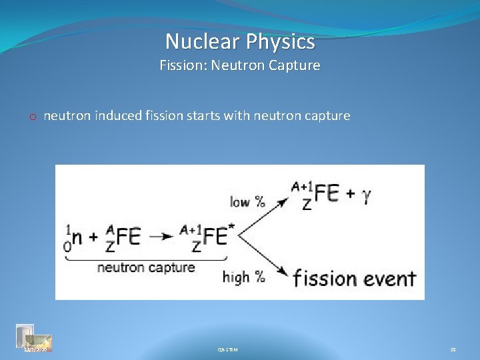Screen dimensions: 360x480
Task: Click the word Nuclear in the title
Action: pos(203,42)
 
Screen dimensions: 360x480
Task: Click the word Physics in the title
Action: pos(279,43)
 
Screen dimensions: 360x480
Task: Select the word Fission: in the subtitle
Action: pos(183,66)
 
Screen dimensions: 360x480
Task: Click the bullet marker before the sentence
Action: pos(32,117)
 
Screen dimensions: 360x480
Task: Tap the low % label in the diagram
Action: pos(247,201)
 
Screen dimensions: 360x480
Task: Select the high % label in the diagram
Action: pos(244,276)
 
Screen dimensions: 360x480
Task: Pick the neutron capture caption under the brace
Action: pos(146,267)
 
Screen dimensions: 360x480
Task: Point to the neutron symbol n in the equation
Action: pos(78,238)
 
